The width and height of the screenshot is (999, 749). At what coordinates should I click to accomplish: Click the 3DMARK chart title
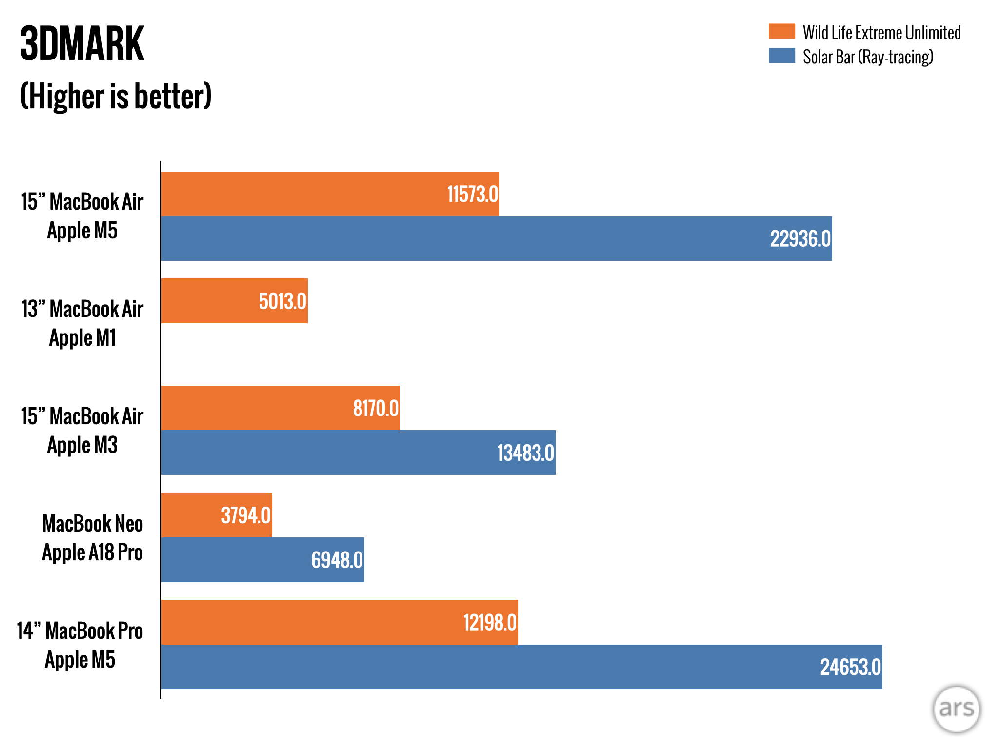[x=82, y=44]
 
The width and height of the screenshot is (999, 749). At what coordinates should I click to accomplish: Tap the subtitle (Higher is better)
[x=116, y=96]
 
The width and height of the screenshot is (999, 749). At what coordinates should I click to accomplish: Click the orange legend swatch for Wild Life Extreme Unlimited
[x=781, y=31]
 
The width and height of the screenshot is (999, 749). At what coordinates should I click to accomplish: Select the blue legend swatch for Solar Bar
[x=781, y=56]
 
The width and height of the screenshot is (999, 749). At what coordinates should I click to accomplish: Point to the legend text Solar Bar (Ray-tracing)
[x=868, y=57]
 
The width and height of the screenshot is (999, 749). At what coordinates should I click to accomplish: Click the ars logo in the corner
[x=956, y=709]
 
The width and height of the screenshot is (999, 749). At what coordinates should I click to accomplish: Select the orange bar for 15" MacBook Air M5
[x=302, y=194]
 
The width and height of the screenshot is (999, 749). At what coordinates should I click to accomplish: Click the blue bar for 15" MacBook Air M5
[x=463, y=238]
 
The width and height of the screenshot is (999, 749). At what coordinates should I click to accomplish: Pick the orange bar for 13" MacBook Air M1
[x=210, y=301]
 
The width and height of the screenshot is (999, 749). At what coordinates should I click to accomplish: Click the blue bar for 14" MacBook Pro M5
[x=488, y=667]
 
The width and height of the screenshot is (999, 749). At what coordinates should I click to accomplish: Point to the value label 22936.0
[x=800, y=239]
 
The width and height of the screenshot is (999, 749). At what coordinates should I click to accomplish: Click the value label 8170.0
[x=376, y=408]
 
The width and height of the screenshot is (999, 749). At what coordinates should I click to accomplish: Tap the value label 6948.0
[x=337, y=560]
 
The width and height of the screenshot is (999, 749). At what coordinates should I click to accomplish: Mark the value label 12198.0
[x=490, y=623]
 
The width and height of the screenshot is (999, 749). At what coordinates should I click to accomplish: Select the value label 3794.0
[x=246, y=515]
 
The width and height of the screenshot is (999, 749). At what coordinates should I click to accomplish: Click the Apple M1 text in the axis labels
[x=82, y=337]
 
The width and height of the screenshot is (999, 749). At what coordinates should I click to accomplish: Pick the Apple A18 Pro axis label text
[x=92, y=552]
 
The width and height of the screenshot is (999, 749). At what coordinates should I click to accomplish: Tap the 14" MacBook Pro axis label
[x=80, y=631]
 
